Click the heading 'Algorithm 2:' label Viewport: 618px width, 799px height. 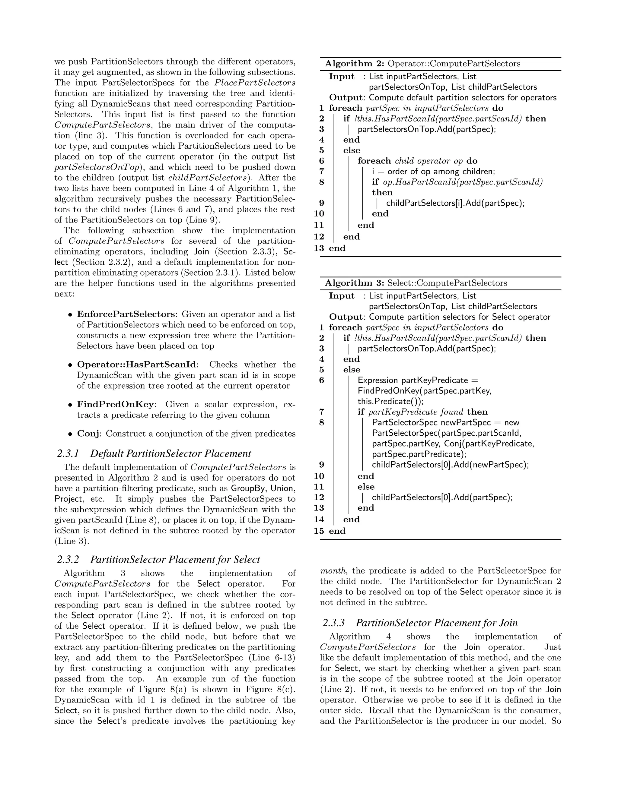(354, 64)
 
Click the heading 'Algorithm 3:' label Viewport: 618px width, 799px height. (354, 283)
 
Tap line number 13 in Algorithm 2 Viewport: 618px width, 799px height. (319, 248)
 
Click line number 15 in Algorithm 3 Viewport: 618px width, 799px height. (319, 531)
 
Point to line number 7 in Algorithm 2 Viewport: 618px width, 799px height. (321, 171)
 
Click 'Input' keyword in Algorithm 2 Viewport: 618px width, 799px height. (341, 77)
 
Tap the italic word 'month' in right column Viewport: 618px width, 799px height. (333, 571)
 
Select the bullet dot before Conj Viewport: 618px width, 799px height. (70, 434)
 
